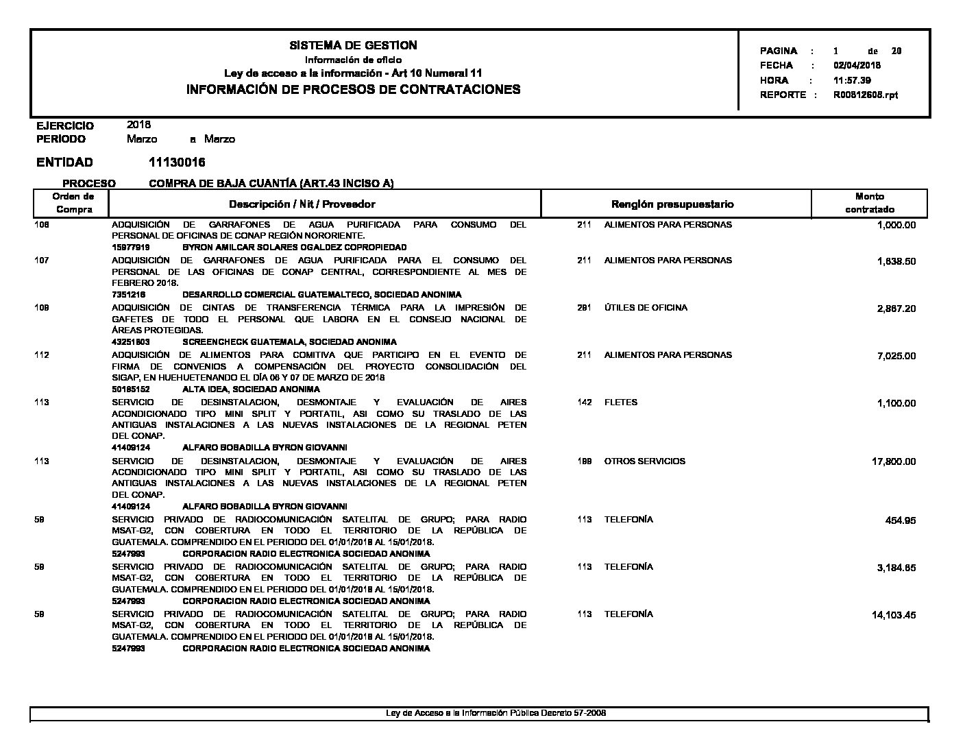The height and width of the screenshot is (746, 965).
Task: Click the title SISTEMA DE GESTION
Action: tap(353, 45)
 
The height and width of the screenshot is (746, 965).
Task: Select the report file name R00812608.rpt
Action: tap(865, 95)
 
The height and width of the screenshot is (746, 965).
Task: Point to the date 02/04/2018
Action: tap(857, 66)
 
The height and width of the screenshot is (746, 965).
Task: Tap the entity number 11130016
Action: tap(177, 163)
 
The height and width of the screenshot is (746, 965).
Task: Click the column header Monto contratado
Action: tap(869, 203)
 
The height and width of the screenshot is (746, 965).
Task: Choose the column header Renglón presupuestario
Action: tap(672, 204)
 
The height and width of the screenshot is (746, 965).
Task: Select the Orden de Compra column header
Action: tap(73, 203)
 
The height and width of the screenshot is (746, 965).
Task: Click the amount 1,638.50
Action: tap(896, 262)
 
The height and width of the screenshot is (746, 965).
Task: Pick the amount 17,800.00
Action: tap(893, 462)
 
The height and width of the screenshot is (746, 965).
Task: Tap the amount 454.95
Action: tap(900, 520)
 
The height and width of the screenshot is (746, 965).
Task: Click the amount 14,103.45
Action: tap(893, 615)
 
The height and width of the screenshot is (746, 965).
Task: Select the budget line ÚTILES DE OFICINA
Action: tap(645, 308)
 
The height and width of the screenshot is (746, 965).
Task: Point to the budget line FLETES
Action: tap(620, 402)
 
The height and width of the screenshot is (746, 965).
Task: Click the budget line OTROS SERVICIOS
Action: tap(644, 461)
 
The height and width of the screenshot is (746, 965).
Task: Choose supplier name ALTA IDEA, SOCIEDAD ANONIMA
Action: tap(251, 389)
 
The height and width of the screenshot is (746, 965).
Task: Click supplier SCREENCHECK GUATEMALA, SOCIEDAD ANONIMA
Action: tap(289, 341)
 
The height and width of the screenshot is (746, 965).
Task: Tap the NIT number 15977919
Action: tap(131, 247)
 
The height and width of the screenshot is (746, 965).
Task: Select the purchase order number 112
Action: tap(41, 355)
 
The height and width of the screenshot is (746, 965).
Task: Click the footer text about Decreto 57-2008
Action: tap(496, 713)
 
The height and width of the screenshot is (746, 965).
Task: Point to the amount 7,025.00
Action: tap(896, 357)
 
